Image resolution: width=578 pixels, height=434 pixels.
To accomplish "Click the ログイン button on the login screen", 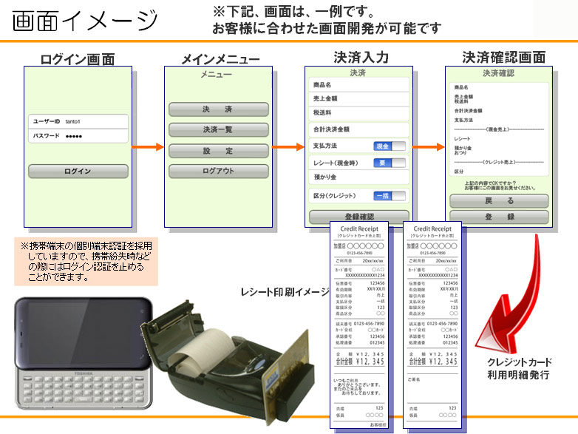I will (77, 172).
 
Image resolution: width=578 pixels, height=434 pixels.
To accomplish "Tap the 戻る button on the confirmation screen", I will (499, 200).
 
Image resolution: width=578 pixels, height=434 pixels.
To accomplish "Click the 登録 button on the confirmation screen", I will (499, 217).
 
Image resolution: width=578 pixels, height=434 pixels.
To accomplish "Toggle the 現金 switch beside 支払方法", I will (389, 146).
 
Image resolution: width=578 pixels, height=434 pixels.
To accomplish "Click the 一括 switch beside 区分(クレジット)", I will (389, 196).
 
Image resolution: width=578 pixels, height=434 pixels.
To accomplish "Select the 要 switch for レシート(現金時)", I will (389, 163).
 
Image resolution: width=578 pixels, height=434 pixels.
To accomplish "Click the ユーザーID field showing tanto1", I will (78, 121).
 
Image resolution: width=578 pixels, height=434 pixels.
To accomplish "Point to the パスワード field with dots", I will (78, 136).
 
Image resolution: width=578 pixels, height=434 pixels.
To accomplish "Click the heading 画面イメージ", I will (86, 21).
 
